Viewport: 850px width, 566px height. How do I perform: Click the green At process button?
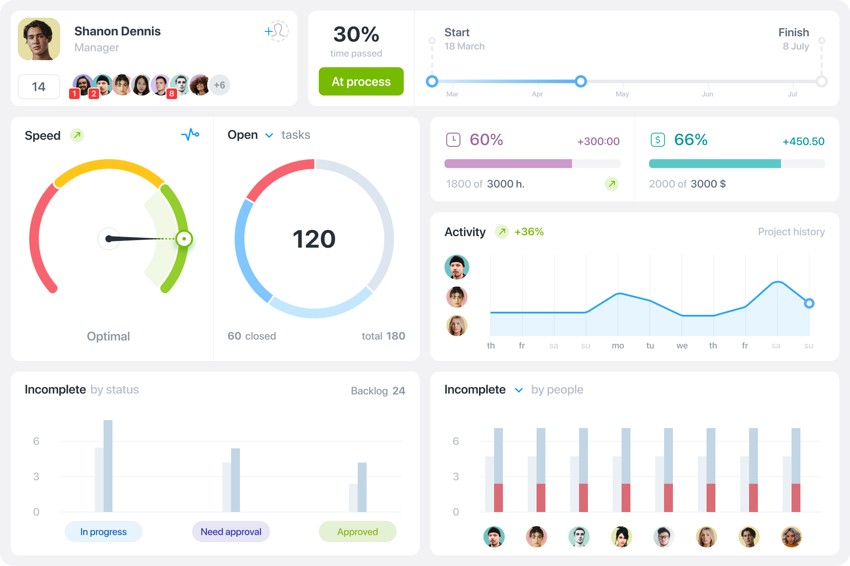pyautogui.click(x=361, y=81)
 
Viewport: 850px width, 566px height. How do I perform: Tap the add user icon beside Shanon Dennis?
pyautogui.click(x=277, y=31)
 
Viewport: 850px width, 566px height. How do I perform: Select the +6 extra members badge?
pyautogui.click(x=219, y=85)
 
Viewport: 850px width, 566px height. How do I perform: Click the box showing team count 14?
pyautogui.click(x=39, y=87)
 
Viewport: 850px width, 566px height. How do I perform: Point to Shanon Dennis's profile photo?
pyautogui.click(x=39, y=39)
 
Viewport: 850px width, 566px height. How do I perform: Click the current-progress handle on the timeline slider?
pyautogui.click(x=581, y=81)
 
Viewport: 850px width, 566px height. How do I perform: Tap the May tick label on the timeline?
pyautogui.click(x=622, y=94)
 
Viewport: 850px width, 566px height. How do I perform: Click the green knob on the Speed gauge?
pyautogui.click(x=184, y=239)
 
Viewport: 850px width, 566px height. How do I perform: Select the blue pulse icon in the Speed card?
pyautogui.click(x=190, y=134)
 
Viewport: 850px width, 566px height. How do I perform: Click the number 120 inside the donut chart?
pyautogui.click(x=314, y=239)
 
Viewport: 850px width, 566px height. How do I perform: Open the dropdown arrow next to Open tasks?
pyautogui.click(x=269, y=135)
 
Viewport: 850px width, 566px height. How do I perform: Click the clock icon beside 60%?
pyautogui.click(x=453, y=140)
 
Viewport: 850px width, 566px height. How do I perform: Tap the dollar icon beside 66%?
pyautogui.click(x=657, y=140)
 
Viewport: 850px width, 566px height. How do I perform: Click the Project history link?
pyautogui.click(x=791, y=232)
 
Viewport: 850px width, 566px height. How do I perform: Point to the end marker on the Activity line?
pyautogui.click(x=809, y=303)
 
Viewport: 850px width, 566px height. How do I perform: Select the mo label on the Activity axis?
pyautogui.click(x=618, y=346)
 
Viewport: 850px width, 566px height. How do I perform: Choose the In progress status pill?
pyautogui.click(x=103, y=532)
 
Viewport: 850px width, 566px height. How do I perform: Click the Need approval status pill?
pyautogui.click(x=231, y=532)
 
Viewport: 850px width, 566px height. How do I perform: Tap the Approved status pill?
pyautogui.click(x=357, y=532)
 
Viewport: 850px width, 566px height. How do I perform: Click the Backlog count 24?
pyautogui.click(x=398, y=391)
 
